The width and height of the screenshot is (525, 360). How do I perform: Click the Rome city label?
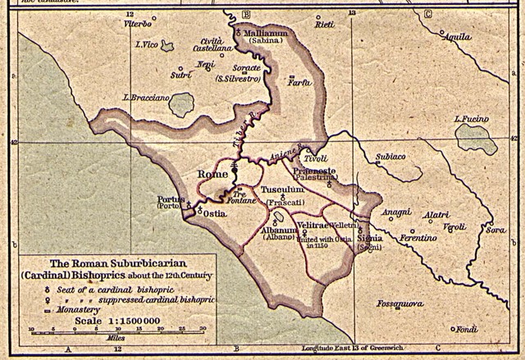(213, 175)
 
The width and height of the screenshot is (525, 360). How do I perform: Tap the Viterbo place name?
(139, 25)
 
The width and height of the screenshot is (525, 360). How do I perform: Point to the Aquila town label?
(455, 37)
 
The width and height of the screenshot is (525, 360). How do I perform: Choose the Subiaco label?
(390, 156)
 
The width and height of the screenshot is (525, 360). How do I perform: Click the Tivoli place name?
(316, 157)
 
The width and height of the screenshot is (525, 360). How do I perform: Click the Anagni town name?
(395, 212)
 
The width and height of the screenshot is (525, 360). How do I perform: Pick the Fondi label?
(467, 329)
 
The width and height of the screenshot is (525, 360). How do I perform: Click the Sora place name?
(495, 230)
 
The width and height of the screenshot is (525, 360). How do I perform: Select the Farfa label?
(300, 82)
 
